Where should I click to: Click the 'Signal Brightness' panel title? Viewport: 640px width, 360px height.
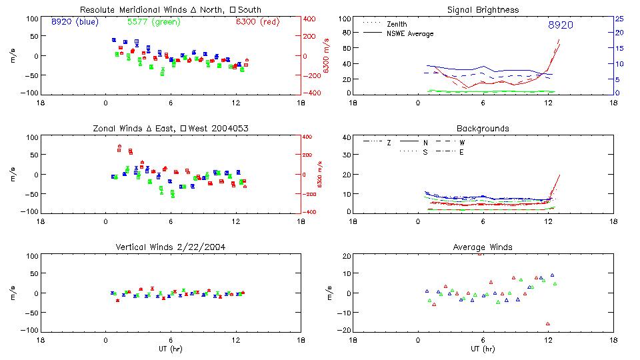point(483,9)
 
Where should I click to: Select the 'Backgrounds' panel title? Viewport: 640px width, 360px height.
point(483,128)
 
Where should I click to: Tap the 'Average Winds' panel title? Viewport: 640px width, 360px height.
point(483,247)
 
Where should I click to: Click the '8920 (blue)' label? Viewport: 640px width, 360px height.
point(75,22)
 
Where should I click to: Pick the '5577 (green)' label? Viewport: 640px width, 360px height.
point(154,22)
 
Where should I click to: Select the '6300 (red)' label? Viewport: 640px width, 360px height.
point(257,22)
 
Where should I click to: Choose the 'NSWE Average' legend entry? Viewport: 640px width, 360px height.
point(410,33)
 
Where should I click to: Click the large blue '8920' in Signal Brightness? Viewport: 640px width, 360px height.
point(560,25)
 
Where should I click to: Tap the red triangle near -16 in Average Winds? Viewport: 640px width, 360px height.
point(548,324)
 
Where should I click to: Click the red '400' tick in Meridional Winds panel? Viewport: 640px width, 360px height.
point(311,19)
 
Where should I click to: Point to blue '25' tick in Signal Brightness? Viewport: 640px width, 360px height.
point(619,19)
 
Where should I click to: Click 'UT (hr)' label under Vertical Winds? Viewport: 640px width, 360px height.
point(171,348)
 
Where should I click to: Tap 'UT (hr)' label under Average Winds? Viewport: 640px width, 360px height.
point(483,348)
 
